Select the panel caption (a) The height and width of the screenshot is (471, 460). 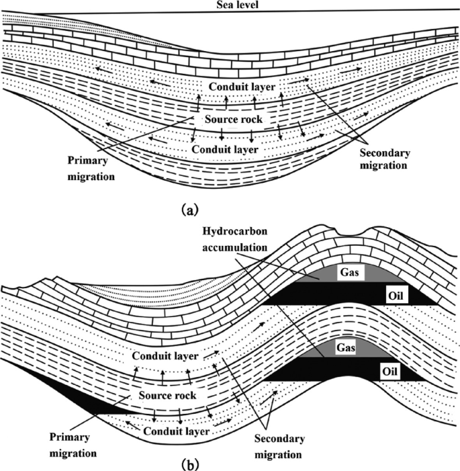tap(189, 210)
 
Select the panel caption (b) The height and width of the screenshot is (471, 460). tap(189, 463)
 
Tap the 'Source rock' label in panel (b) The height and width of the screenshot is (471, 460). tap(168, 396)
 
